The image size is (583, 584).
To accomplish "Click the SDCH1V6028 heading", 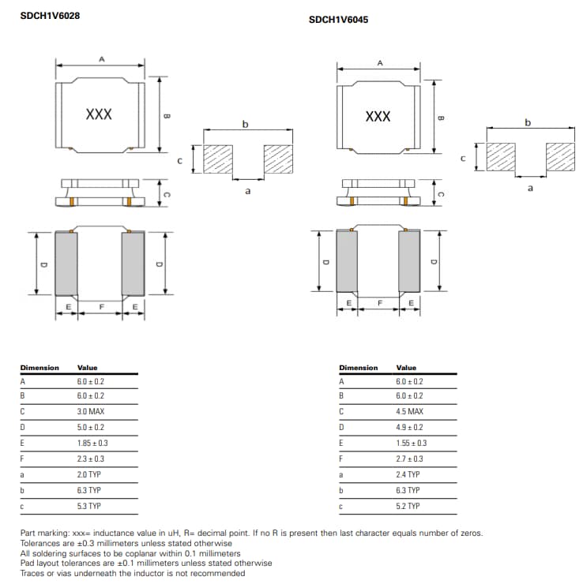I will tap(49, 14).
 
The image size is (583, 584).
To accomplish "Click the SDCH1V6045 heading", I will tap(337, 19).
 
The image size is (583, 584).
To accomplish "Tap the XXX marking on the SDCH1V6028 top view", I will tap(99, 114).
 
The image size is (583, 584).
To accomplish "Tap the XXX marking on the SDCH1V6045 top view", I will tap(378, 117).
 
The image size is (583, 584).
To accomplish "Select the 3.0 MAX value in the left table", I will tap(90, 412).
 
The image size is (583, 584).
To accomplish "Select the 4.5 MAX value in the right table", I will tap(409, 412).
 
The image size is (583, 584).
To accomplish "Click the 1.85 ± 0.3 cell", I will tap(92, 444).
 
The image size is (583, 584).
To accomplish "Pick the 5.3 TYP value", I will tap(89, 507).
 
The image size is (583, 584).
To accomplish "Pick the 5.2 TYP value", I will tap(408, 507).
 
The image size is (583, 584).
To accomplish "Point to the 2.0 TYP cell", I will tap(89, 475).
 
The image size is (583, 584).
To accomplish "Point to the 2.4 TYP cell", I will tap(408, 475).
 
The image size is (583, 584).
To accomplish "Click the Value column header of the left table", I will tap(87, 368).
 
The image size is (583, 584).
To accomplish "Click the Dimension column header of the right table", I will tap(358, 368).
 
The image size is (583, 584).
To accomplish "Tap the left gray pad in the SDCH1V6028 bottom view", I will tap(66, 264).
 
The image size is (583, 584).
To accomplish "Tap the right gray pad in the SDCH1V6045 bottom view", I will tap(408, 262).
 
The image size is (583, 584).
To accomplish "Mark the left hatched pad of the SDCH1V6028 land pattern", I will tap(219, 159).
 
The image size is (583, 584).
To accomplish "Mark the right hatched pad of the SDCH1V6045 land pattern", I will tap(560, 156).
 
